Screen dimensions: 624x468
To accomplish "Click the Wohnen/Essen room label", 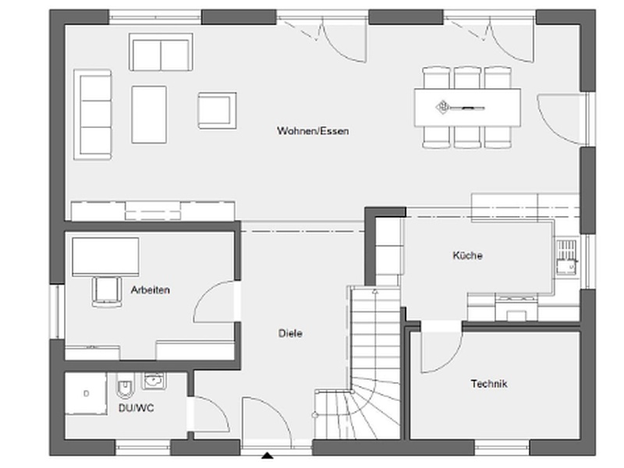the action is (x=313, y=131).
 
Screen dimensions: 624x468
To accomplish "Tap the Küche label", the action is (x=467, y=255).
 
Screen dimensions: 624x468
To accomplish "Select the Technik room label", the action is (x=489, y=384).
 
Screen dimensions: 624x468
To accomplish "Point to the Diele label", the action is (x=290, y=333).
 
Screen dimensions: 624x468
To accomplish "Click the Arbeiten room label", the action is (x=151, y=289).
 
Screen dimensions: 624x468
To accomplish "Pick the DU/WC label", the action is (x=136, y=408).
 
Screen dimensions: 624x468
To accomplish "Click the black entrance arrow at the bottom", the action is (x=268, y=456).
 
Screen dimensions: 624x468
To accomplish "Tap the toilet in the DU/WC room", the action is (x=124, y=386).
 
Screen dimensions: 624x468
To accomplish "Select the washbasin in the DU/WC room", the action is (x=154, y=381).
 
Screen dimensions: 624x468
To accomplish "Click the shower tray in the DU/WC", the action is (x=86, y=394).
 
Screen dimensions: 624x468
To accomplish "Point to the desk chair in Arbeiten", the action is (x=107, y=292).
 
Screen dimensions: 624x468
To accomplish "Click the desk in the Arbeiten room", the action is (x=105, y=257).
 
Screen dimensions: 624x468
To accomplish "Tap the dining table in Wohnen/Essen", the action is (x=467, y=108).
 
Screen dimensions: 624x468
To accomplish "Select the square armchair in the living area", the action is (x=218, y=111).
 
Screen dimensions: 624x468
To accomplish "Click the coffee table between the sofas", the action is (x=149, y=114).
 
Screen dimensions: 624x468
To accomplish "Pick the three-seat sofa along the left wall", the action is (x=92, y=115).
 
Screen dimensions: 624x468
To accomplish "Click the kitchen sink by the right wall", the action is (x=566, y=257).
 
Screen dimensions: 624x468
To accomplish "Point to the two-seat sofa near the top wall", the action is (x=161, y=52).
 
